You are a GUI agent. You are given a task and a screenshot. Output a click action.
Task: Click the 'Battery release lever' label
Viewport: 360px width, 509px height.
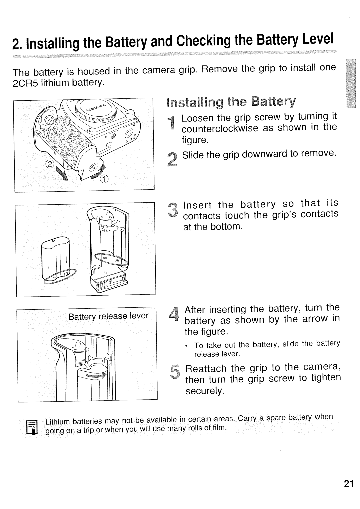click(108, 316)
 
